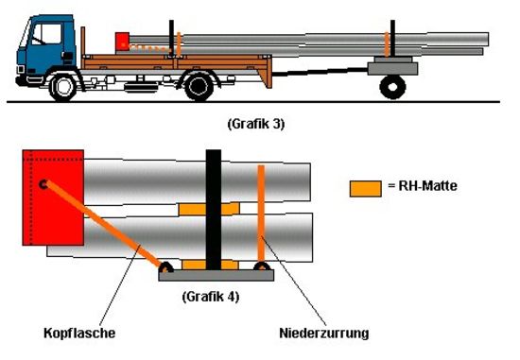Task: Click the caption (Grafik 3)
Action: pos(256,125)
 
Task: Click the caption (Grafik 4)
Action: pos(211,297)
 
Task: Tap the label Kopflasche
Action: pos(79,333)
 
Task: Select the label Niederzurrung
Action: pos(324,333)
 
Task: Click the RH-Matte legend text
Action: pos(423,185)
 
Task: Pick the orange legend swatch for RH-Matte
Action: pos(366,189)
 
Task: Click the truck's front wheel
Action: pos(62,88)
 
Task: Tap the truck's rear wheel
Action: pos(199,87)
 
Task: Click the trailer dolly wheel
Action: pos(392,87)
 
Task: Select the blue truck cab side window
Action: pos(46,34)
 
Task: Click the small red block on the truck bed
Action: pos(122,42)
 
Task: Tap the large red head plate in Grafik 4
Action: pos(53,197)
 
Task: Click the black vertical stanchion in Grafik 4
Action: pos(214,210)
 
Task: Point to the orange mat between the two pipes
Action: pos(209,209)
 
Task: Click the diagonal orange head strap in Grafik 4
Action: pos(103,224)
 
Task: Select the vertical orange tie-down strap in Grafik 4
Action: pos(261,215)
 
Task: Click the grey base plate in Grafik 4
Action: pos(217,275)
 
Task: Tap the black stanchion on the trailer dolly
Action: pos(392,38)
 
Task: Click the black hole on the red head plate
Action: pos(43,184)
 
